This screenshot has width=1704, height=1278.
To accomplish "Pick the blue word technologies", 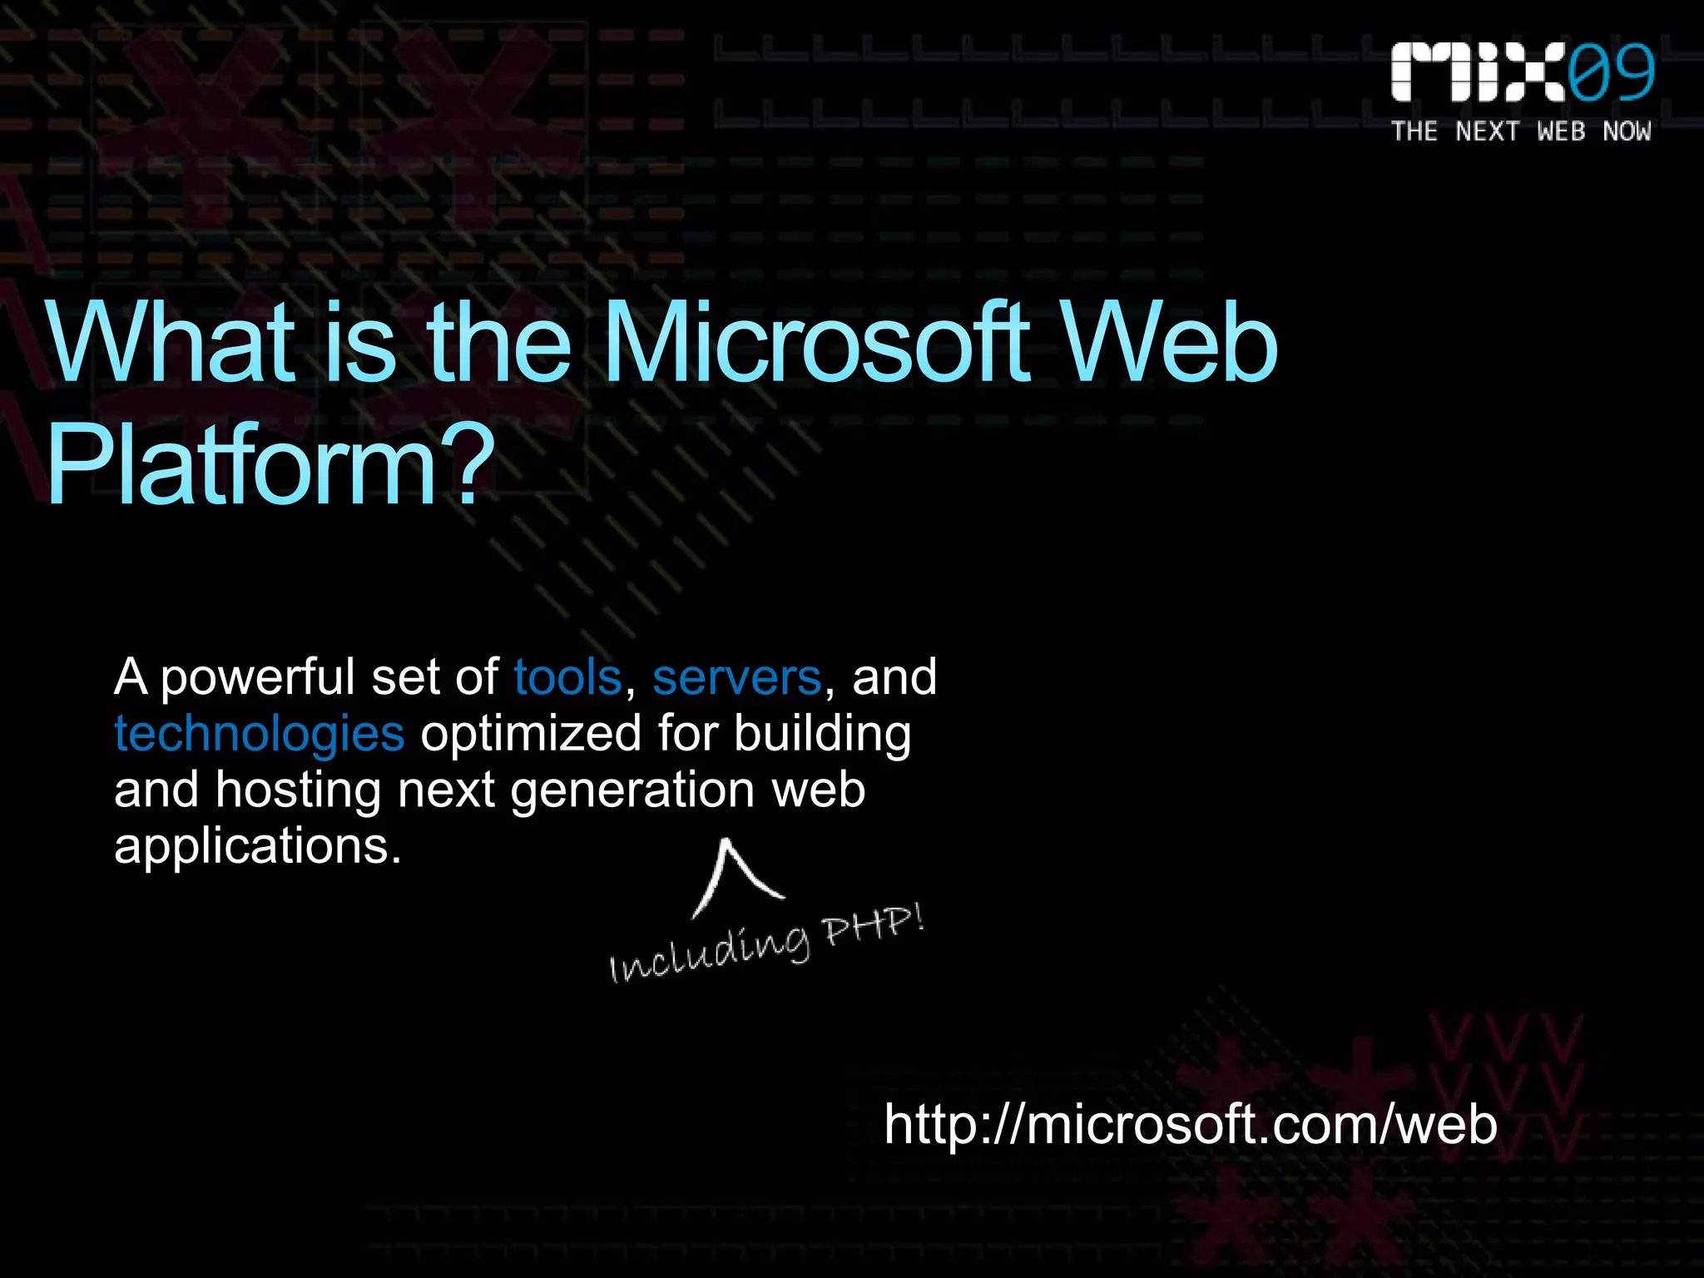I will (260, 734).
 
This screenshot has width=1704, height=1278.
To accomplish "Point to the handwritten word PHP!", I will (873, 928).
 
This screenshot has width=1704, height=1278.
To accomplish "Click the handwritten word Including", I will (710, 954).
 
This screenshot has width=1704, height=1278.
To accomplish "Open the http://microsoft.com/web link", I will (1191, 1125).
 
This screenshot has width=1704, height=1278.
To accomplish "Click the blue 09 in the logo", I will (1611, 73).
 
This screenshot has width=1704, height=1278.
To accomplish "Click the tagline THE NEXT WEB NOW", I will (1521, 131).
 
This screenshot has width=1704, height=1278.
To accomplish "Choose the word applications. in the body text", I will (258, 847).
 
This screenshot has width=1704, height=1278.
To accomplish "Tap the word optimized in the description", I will (531, 734).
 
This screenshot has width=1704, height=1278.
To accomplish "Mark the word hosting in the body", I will (298, 790).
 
